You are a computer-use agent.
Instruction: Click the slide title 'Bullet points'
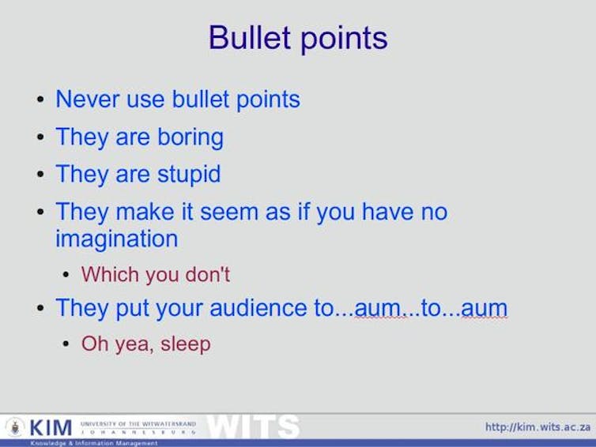coord(298,38)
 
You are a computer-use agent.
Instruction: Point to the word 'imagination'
coord(116,239)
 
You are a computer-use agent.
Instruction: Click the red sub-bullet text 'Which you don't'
coord(155,275)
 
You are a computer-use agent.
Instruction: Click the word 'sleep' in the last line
coord(186,344)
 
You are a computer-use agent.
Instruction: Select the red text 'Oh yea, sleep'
coord(145,344)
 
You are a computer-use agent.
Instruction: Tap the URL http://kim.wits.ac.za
coord(538,427)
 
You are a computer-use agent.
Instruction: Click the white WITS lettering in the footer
coord(252,427)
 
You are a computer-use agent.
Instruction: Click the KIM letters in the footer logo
coord(51,428)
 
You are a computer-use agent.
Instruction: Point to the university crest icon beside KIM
coord(15,427)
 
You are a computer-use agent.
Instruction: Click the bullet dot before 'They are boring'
coord(40,138)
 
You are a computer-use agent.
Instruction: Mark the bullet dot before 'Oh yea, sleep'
coord(67,345)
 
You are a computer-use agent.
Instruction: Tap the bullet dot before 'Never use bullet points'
coord(40,101)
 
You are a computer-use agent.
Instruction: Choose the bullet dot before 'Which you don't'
coord(67,276)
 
